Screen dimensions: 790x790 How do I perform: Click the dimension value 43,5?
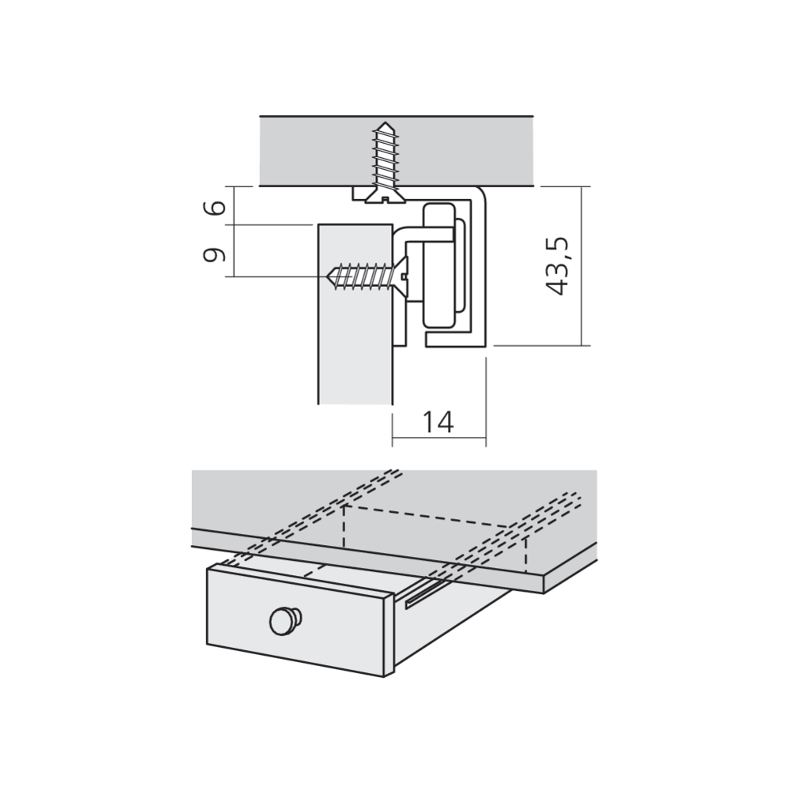click(559, 265)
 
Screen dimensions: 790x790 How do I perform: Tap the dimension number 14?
click(438, 422)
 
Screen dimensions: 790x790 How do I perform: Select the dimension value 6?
click(214, 207)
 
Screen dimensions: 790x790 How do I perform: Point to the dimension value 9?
click(214, 255)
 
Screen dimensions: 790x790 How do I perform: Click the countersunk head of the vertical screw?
click(386, 195)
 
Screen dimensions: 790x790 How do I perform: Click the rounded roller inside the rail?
click(439, 265)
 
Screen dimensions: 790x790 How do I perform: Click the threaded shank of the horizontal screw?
click(362, 276)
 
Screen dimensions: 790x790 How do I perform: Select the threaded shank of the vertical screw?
click(386, 157)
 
